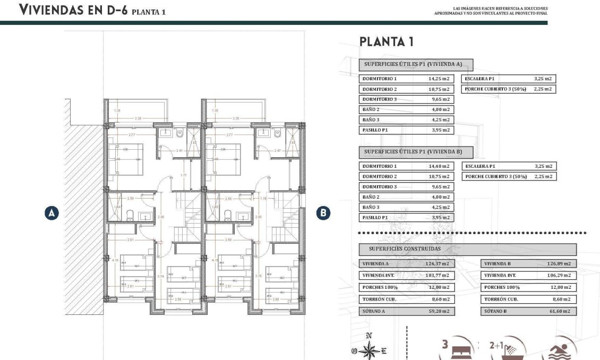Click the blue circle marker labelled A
tap(52, 213)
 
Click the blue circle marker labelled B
tap(323, 213)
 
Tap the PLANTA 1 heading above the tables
tap(386, 42)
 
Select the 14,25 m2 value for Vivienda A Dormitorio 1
tap(439, 79)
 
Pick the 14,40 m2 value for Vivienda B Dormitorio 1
tap(439, 166)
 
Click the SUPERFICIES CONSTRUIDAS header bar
tap(467, 248)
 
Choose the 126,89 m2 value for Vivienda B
tap(559, 264)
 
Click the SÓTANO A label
tap(374, 311)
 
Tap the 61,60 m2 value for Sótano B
tap(560, 311)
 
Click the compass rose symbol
tap(370, 350)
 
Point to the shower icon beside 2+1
tap(511, 350)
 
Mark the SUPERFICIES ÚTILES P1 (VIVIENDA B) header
tap(413, 152)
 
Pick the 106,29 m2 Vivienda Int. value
tap(559, 276)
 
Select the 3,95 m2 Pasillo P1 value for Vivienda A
tap(439, 130)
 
